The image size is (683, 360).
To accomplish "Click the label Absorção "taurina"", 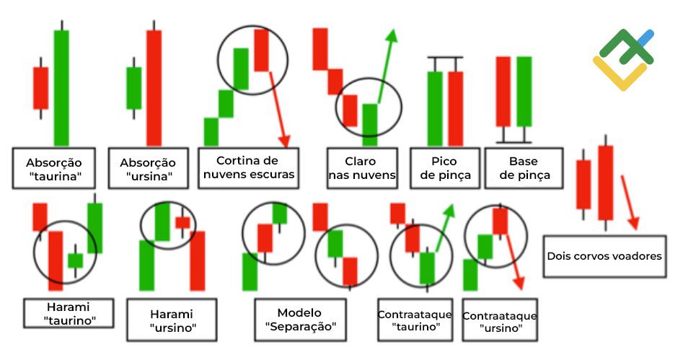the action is tap(53, 168).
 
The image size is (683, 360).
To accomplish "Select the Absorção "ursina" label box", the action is tap(148, 168).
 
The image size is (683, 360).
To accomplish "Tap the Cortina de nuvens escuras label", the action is tap(249, 168).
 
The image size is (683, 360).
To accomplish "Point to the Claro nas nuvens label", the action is tap(362, 168).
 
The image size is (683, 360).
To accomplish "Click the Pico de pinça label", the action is tap(445, 168).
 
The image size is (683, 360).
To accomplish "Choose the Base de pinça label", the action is tap(524, 168).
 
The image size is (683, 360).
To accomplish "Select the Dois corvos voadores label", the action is tap(604, 256).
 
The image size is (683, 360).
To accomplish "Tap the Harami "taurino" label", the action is tap(69, 313).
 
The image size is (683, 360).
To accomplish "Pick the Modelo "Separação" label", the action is tap(300, 320).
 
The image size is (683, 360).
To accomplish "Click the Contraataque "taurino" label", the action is tap(415, 320).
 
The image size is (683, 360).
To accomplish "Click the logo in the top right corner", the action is tap(623, 60).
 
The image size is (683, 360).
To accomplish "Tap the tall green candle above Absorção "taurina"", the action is tap(61, 87).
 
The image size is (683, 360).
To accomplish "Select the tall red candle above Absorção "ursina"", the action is tap(154, 87).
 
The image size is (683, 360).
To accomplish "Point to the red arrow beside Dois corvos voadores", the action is tap(630, 203).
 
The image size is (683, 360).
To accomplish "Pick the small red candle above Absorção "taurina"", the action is tap(41, 88).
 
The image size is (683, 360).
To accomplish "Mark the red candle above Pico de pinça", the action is tap(456, 108).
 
